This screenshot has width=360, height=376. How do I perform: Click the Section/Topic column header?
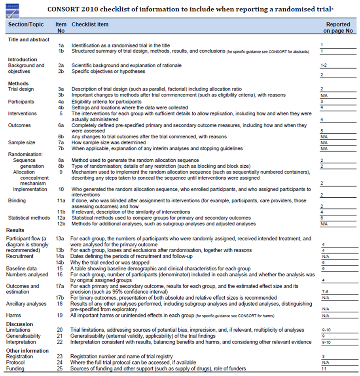25,25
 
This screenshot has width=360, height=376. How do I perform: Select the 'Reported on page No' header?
338,28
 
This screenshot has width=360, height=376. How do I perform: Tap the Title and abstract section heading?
29,40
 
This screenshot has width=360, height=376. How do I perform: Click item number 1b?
61,51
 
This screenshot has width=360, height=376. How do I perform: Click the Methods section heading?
18,83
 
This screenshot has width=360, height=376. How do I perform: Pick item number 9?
61,172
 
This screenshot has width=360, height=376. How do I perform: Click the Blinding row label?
17,200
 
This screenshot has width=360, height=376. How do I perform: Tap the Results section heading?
15,230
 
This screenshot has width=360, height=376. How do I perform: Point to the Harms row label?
14,315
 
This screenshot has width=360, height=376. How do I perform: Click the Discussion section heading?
20,324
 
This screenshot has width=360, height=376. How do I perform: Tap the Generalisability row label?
26,336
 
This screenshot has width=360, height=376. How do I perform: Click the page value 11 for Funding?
324,368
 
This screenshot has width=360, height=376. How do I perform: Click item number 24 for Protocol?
61,363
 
